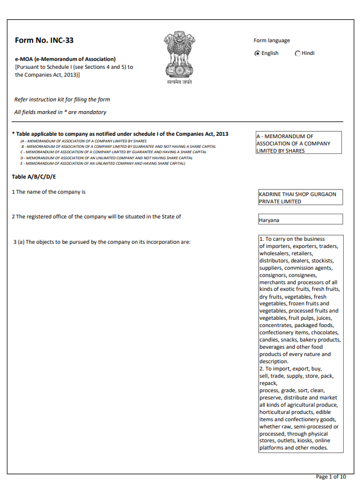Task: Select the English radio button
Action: tap(257, 53)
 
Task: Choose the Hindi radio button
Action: tap(298, 53)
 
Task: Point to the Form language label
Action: tap(271, 40)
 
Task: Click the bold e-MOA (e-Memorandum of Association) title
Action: tap(65, 59)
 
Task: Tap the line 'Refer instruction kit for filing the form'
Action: tap(62, 99)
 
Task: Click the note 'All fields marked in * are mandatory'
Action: tap(60, 112)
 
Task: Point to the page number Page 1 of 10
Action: tap(331, 477)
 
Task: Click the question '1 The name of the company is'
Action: tap(49, 192)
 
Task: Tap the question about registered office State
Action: tap(96, 216)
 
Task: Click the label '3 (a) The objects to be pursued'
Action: tap(102, 242)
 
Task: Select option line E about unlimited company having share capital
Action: tap(103, 163)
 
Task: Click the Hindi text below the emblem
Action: tap(180, 82)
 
